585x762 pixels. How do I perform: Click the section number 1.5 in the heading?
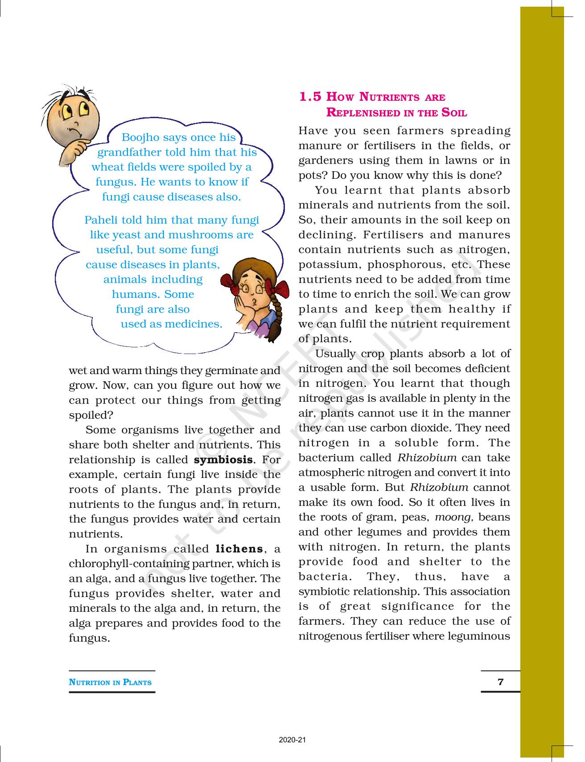click(x=310, y=97)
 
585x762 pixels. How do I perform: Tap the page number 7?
click(x=500, y=681)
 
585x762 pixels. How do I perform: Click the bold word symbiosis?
click(x=223, y=460)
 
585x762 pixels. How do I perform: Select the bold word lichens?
click(x=239, y=549)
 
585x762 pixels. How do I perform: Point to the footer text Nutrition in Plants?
click(x=110, y=682)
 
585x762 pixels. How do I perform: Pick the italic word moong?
click(x=453, y=517)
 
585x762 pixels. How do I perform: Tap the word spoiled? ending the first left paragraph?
click(x=91, y=415)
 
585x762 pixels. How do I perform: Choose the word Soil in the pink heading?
click(x=454, y=112)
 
